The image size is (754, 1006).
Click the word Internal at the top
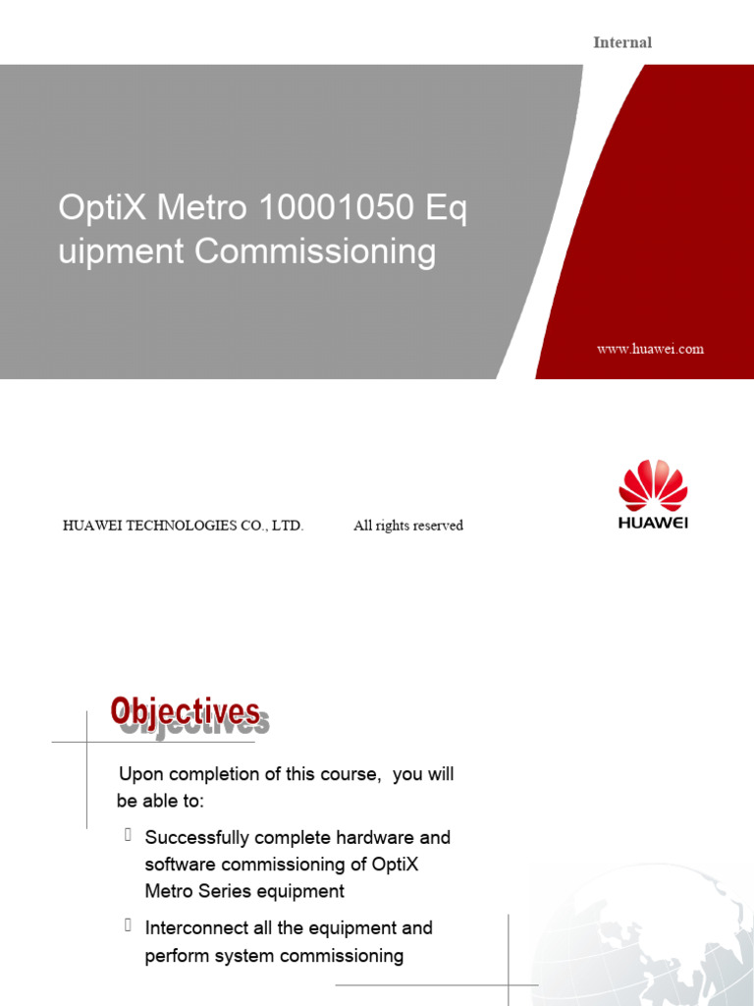(x=622, y=42)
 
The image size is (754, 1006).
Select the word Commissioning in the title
(x=315, y=251)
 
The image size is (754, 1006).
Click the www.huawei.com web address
(x=650, y=349)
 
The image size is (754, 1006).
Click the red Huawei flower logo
(x=653, y=484)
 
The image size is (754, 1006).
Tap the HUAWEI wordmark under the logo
(x=653, y=523)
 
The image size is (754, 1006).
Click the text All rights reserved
(x=408, y=526)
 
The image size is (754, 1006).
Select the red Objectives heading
(x=185, y=712)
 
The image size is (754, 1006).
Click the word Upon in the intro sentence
(x=139, y=774)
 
